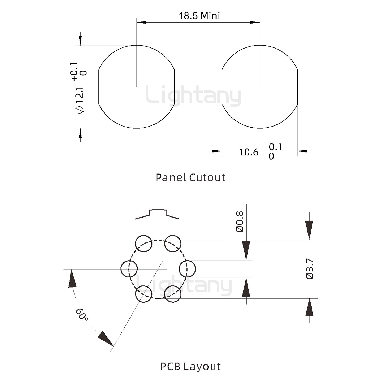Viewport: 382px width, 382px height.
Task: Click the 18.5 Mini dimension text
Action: [x=199, y=16]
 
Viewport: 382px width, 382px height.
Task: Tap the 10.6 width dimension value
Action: [x=249, y=152]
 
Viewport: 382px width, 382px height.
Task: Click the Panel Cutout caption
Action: [x=190, y=177]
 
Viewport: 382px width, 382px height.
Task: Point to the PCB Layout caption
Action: [x=190, y=366]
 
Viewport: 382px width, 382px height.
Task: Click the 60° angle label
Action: [x=82, y=315]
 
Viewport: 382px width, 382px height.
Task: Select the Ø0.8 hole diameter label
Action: [x=240, y=222]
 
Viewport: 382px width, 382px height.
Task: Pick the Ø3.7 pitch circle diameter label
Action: [x=310, y=269]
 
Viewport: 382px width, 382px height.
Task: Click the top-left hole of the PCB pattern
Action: [x=144, y=244]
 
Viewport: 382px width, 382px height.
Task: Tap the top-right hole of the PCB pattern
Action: [x=173, y=244]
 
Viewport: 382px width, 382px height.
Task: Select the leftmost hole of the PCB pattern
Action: [x=129, y=269]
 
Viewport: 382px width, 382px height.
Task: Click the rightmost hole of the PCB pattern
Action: [x=187, y=269]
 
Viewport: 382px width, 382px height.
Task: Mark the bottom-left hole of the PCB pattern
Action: [x=144, y=294]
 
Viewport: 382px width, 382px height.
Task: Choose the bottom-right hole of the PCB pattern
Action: [x=173, y=294]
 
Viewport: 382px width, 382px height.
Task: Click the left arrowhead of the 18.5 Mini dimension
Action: [x=141, y=22]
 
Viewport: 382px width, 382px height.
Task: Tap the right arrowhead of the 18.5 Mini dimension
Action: [x=255, y=22]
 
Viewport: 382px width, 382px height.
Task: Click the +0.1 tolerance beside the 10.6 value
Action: [x=272, y=147]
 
